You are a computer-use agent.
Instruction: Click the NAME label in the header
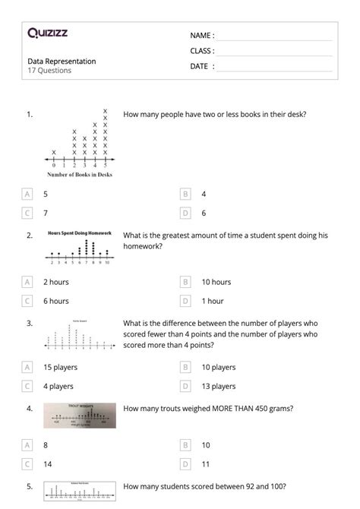pos(201,36)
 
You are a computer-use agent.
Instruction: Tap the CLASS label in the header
pos(202,51)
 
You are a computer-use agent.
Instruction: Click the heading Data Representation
pos(62,61)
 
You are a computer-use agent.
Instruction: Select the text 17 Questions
pos(49,71)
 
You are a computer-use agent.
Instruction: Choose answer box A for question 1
pos(28,194)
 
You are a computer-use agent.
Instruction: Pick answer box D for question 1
pos(185,213)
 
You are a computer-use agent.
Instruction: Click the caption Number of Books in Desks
pos(80,175)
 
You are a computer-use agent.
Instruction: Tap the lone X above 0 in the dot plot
pos(54,152)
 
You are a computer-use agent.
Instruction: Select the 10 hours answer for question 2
pos(216,282)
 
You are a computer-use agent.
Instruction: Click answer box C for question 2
pos(28,301)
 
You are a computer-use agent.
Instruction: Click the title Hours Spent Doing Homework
pos(80,232)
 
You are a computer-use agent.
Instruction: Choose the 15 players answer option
pos(58,367)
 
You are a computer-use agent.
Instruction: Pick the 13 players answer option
pos(218,386)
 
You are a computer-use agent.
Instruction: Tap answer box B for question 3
pos(185,367)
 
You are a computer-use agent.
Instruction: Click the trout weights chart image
pos(80,415)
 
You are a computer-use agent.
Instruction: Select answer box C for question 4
pos(28,463)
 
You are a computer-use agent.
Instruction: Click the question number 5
pos(29,486)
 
